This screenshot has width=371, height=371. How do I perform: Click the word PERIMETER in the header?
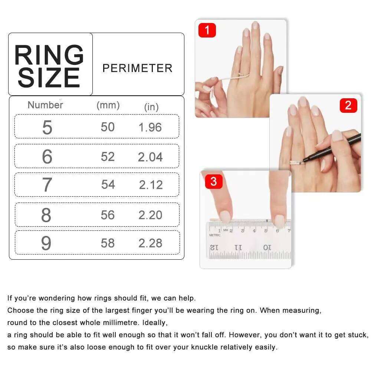137,68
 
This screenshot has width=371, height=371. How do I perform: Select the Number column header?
45,105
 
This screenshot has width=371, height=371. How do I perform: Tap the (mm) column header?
108,105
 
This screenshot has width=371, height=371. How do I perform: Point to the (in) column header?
151,107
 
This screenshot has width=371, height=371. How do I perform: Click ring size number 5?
47,127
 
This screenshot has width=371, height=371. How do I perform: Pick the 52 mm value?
108,157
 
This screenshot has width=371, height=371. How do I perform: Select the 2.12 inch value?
151,185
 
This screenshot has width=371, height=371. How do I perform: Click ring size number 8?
46,215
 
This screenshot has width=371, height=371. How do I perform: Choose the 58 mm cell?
108,243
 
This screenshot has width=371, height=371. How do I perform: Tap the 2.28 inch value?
150,243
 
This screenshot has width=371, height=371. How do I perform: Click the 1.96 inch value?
150,127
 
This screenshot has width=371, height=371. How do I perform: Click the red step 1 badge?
207,30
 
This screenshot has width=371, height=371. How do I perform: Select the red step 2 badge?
348,105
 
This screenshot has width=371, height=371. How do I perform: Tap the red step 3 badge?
213,182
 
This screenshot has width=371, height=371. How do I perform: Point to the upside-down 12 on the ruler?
214,247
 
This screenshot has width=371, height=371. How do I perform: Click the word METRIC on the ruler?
215,235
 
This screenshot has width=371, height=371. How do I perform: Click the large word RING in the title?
49,56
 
